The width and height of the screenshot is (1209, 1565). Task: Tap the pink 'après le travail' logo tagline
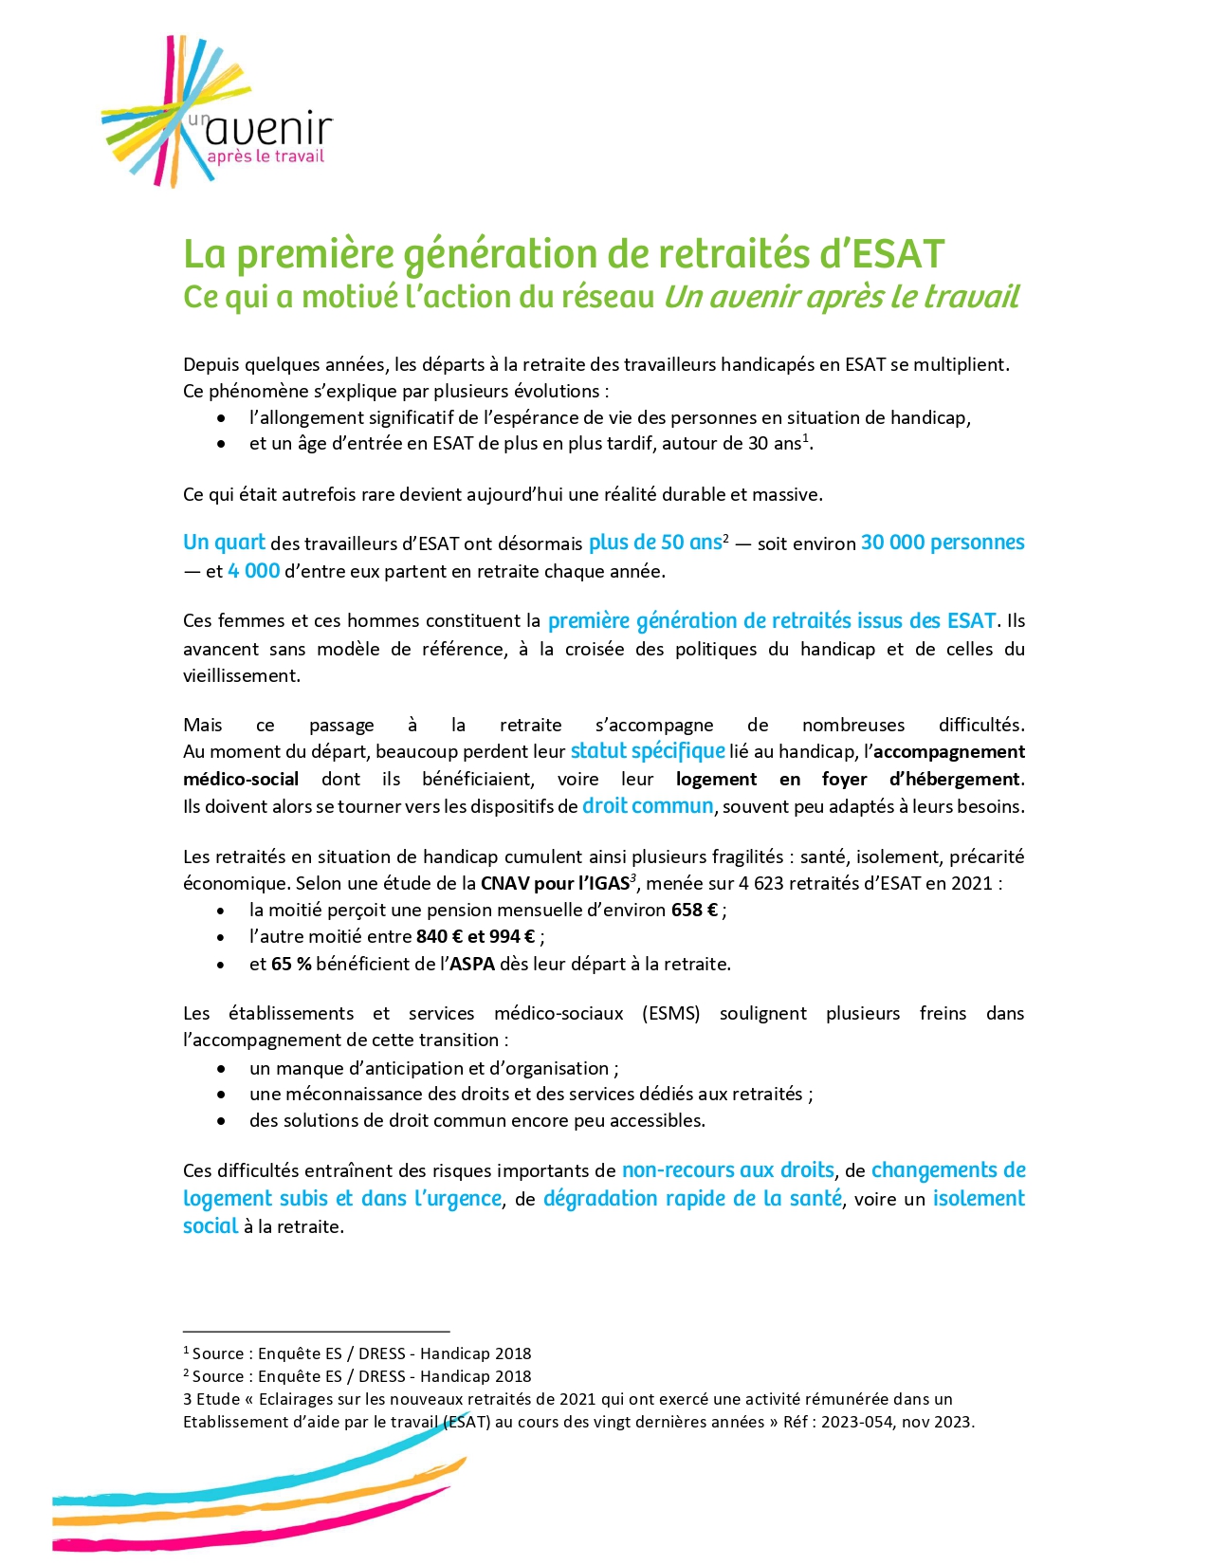tap(265, 156)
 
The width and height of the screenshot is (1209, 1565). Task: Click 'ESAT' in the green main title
tap(899, 254)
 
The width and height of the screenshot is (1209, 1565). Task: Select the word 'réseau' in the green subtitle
tap(606, 297)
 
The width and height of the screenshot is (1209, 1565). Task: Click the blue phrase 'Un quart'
tap(224, 543)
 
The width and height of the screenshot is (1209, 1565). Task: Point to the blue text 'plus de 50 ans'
tap(655, 543)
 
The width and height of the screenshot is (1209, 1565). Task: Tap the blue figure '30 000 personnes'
tap(943, 543)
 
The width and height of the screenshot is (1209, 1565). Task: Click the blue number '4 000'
tap(253, 571)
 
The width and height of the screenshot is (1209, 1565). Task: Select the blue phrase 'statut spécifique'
tap(648, 751)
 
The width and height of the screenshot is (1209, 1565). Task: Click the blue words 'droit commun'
tap(648, 806)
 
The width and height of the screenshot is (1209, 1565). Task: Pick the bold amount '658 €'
tap(694, 911)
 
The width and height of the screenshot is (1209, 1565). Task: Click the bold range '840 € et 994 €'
tap(475, 937)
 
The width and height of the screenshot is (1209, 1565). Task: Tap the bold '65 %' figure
tap(291, 965)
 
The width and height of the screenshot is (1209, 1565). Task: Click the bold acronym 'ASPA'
tap(471, 965)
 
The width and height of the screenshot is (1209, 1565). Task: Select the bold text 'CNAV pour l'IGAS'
tap(555, 884)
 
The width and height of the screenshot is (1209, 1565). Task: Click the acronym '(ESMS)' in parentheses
tap(671, 1014)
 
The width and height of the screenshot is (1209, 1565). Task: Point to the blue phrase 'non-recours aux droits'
tap(727, 1170)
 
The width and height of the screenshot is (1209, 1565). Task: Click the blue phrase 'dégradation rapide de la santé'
tap(692, 1199)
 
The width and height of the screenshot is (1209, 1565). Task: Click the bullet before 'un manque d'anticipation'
tap(221, 1069)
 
